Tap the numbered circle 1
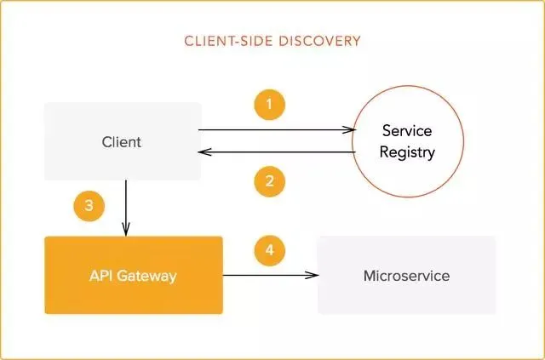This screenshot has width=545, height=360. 269,106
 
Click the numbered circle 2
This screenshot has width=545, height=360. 269,180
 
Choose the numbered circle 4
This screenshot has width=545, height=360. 269,250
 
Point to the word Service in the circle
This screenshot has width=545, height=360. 407,132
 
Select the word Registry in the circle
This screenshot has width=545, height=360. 408,153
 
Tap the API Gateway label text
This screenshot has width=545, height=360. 132,276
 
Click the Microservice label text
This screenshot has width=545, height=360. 406,276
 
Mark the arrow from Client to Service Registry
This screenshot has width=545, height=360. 272,130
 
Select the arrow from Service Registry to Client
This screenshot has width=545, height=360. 272,152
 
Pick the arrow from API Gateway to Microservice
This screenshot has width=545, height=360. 269,276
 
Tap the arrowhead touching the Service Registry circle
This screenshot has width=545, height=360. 348,130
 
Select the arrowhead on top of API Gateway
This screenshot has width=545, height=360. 126,230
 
